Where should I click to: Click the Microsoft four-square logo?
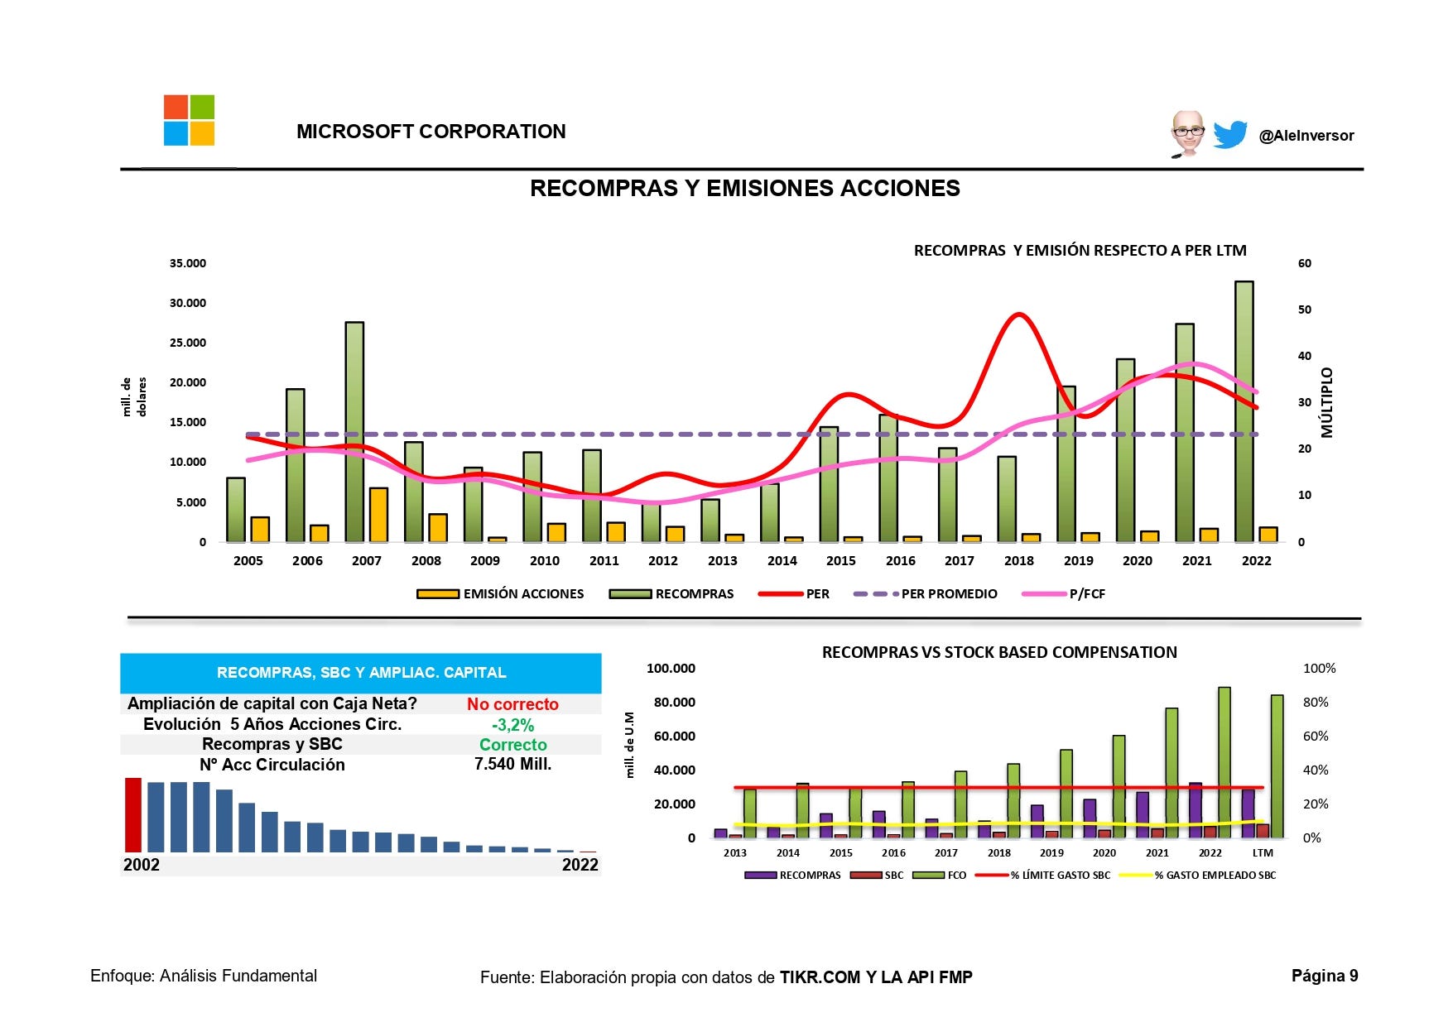pyautogui.click(x=189, y=121)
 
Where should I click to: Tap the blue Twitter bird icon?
pyautogui.click(x=1229, y=134)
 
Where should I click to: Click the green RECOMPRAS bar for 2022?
pyautogui.click(x=1244, y=411)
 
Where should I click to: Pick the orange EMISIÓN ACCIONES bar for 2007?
pyautogui.click(x=378, y=515)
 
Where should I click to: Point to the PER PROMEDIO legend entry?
pyautogui.click(x=926, y=594)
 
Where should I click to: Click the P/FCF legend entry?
pyautogui.click(x=1065, y=594)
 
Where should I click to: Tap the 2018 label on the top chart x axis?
pyautogui.click(x=1018, y=561)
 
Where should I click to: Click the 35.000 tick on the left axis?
pyautogui.click(x=188, y=264)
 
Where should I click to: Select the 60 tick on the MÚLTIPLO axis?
pyautogui.click(x=1305, y=264)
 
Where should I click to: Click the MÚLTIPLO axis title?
pyautogui.click(x=1327, y=402)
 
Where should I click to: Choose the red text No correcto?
pyautogui.click(x=512, y=704)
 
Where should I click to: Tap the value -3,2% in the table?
pyautogui.click(x=512, y=725)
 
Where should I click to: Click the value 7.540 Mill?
pyautogui.click(x=512, y=765)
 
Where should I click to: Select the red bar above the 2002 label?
pyautogui.click(x=133, y=814)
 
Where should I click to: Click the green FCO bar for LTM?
pyautogui.click(x=1277, y=765)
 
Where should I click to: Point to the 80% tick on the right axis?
pyautogui.click(x=1316, y=703)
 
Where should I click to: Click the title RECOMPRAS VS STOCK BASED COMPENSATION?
pyautogui.click(x=998, y=652)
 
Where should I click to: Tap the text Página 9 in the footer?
pyautogui.click(x=1324, y=977)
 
